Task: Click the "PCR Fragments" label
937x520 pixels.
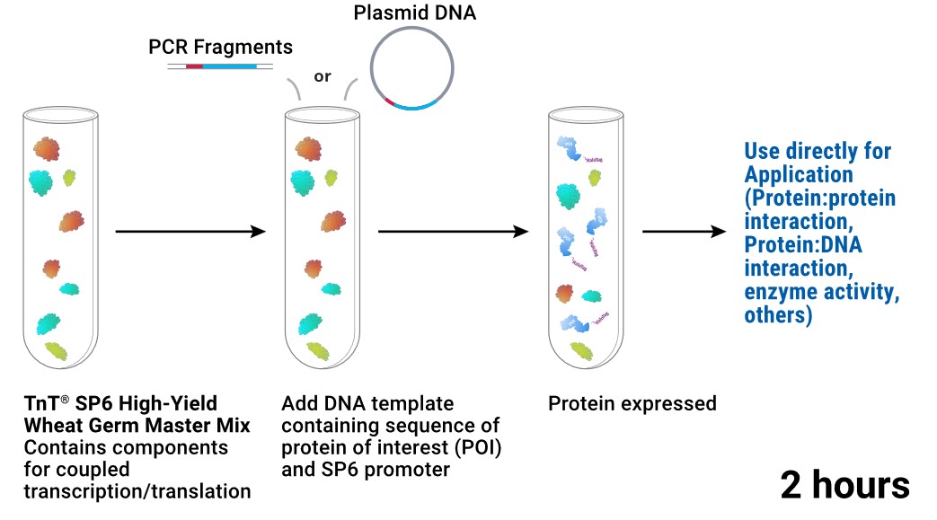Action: coord(220,46)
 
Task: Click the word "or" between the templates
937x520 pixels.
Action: coord(323,76)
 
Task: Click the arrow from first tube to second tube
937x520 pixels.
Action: coord(191,232)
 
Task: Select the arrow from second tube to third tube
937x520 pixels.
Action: coord(453,232)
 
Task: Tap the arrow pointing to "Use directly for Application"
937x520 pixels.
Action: coord(684,232)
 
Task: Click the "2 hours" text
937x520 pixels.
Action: coord(844,485)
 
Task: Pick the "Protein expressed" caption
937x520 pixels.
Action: coord(632,403)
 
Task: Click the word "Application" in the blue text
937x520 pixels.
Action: coord(799,173)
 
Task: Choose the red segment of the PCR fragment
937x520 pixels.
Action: coord(195,67)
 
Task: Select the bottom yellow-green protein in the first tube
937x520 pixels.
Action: coord(56,351)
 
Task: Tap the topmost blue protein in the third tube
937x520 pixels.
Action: coord(570,149)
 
